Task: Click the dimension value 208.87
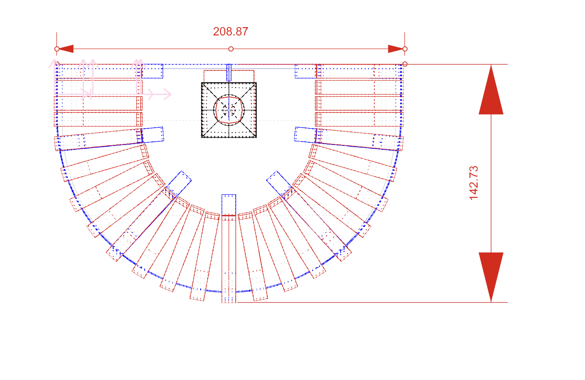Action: click(230, 32)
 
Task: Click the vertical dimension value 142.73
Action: click(474, 183)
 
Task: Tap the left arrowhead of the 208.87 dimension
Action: click(66, 49)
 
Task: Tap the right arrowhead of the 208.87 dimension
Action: click(396, 49)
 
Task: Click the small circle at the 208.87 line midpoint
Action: click(231, 49)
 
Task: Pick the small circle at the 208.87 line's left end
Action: click(57, 49)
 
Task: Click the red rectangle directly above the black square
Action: click(229, 76)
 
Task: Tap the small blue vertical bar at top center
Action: click(229, 73)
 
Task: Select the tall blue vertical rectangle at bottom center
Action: click(229, 248)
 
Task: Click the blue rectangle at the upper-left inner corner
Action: click(153, 71)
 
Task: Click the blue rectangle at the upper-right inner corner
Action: click(305, 71)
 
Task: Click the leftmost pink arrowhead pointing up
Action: click(56, 64)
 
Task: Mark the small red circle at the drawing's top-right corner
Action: click(405, 64)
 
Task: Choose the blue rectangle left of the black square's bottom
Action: click(153, 135)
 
